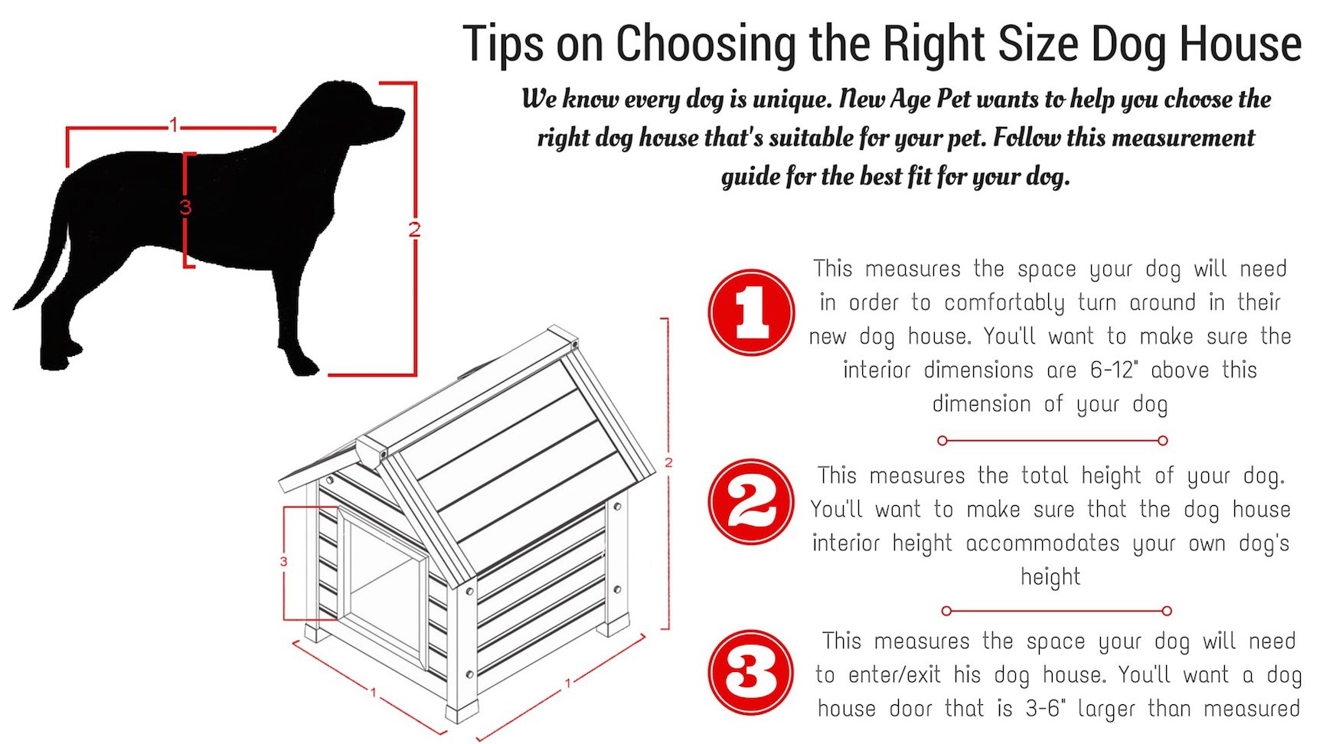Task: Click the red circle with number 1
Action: pyautogui.click(x=751, y=312)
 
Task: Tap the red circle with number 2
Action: pyautogui.click(x=751, y=502)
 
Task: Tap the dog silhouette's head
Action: pyautogui.click(x=360, y=115)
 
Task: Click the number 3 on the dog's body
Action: pyautogui.click(x=185, y=207)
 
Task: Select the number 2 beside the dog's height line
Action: pyautogui.click(x=414, y=230)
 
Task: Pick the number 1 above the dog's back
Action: pyautogui.click(x=174, y=125)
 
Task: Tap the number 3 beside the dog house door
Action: pyautogui.click(x=283, y=562)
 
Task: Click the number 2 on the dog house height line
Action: pyautogui.click(x=668, y=462)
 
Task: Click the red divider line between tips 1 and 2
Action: pyautogui.click(x=1053, y=441)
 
